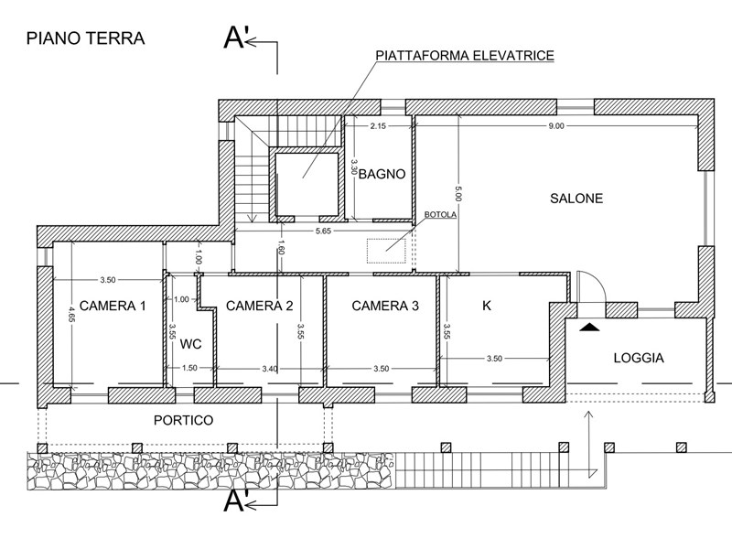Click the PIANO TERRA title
point(85,38)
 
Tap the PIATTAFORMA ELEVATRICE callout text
point(465,56)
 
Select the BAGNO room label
point(382,174)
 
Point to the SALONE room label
point(576,198)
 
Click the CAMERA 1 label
point(113,306)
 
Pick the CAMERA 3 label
point(385,306)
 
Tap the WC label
point(190,344)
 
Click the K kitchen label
point(486,306)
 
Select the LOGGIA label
point(638,358)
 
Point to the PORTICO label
point(183,421)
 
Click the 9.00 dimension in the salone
point(556,125)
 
